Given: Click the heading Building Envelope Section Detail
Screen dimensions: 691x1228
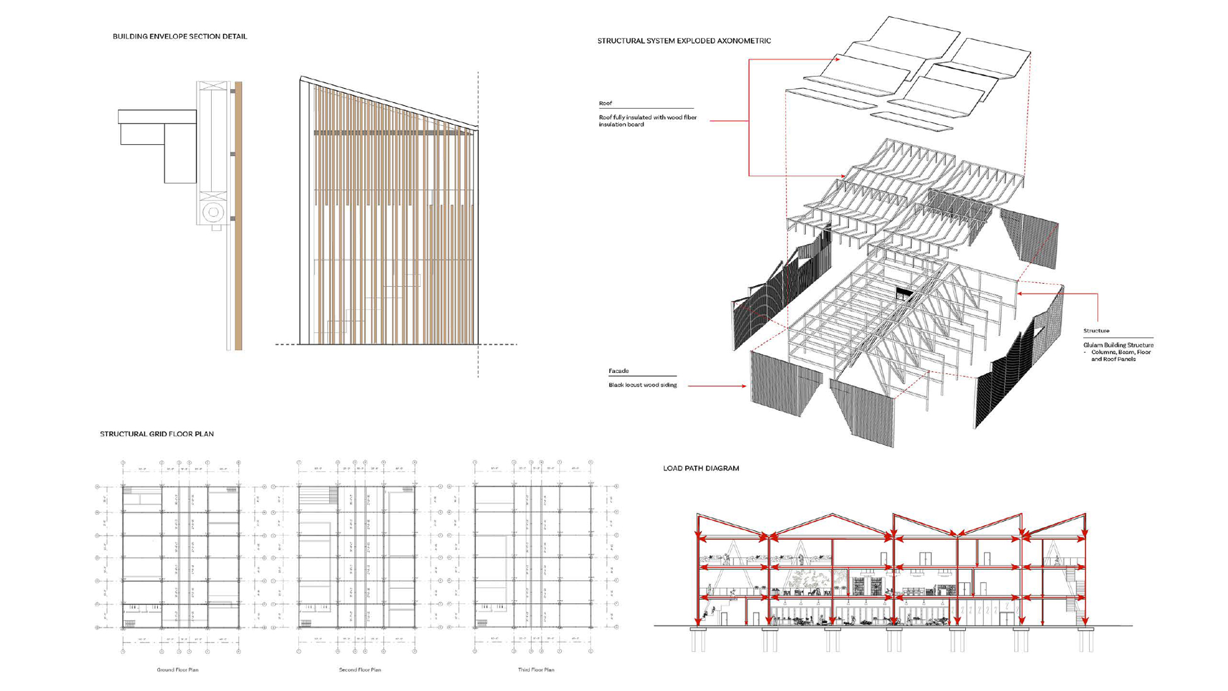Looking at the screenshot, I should [179, 37].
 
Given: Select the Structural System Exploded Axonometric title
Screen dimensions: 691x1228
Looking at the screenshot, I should [683, 41].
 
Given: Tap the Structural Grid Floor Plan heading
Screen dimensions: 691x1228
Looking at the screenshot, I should [157, 434].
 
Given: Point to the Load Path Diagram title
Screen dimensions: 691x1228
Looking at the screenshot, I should [701, 469].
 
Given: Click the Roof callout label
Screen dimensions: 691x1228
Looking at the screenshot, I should [605, 104].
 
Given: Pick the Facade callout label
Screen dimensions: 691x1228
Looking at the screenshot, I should [618, 371].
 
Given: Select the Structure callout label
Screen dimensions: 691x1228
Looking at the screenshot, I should [1096, 331].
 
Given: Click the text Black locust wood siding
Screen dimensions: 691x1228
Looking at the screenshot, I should [642, 385].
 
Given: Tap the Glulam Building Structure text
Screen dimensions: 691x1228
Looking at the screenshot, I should [1118, 345].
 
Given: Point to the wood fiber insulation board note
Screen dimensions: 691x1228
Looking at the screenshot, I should [647, 121].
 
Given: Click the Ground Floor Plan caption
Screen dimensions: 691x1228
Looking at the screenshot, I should [177, 670].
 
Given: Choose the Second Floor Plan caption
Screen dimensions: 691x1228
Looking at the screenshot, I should [360, 670].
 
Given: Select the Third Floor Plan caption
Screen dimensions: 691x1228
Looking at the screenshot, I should [536, 670].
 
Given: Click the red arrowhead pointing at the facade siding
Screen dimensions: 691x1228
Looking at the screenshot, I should [744, 386].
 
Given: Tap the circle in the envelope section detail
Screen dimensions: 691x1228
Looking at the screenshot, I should [213, 213].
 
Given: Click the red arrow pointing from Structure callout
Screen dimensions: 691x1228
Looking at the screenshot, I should [1020, 294].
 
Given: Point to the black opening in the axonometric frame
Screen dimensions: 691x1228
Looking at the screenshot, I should [903, 293].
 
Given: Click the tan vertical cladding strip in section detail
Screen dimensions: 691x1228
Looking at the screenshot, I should [239, 215].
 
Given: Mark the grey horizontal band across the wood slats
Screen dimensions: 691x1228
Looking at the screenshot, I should [393, 133].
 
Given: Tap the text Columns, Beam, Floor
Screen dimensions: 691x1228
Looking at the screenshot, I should [1121, 353].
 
